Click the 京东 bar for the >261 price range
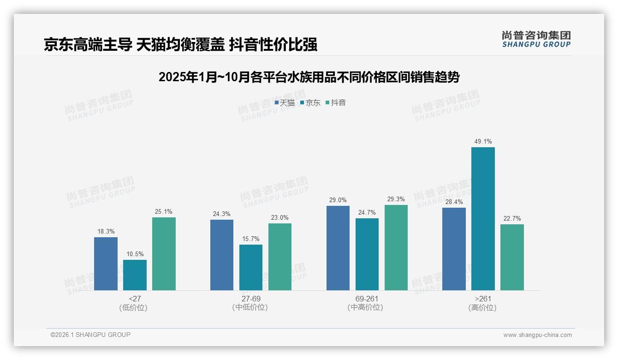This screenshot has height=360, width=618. (483, 219)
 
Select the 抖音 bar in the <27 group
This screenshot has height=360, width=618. (164, 254)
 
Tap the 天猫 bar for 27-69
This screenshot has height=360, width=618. (222, 255)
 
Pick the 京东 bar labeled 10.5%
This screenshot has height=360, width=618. (135, 275)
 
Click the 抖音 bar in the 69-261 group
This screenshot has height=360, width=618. (396, 247)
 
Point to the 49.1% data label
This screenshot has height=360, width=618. (483, 142)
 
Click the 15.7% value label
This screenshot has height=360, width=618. (251, 239)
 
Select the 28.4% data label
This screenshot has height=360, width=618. (454, 202)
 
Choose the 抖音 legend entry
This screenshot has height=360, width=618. (336, 103)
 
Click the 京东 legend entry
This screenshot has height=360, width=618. (310, 103)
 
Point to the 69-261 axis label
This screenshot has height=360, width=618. (367, 299)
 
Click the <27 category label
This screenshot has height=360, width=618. (135, 299)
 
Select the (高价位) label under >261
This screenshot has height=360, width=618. (482, 308)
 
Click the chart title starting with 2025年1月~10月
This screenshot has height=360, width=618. (309, 77)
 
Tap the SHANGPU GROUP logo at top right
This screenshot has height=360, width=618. (536, 39)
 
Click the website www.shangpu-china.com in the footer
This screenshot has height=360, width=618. (537, 335)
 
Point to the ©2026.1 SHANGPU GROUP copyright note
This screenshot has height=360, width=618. (90, 335)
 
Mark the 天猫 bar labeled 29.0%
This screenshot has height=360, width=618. (338, 248)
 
